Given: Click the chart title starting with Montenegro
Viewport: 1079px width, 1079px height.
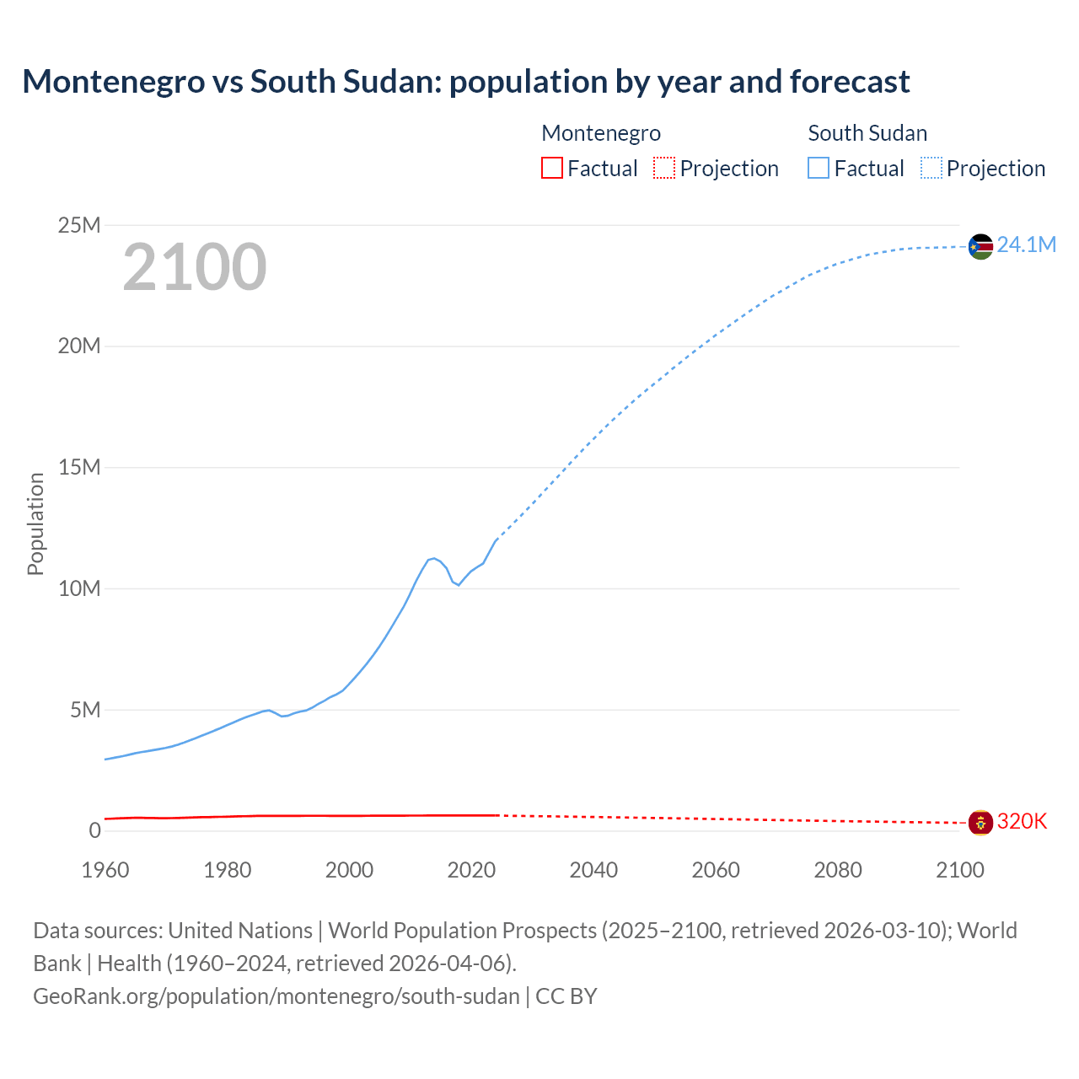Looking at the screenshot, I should point(465,82).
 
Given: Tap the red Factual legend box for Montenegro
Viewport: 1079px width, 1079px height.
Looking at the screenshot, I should point(552,168).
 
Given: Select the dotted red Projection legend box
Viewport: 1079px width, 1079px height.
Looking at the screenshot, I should point(664,168).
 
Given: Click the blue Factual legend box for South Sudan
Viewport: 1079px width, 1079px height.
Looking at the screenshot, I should point(819,168).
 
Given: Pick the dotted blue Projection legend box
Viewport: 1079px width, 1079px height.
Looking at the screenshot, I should point(931,168).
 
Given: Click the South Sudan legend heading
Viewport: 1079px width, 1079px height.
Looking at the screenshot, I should point(867,133).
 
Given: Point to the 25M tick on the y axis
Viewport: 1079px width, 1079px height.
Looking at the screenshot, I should point(78,225).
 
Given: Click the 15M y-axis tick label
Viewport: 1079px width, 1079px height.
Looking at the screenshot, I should point(78,467).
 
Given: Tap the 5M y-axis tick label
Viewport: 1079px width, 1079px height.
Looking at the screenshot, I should point(85,710).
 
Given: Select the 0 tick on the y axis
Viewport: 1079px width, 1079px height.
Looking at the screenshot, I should point(94,830).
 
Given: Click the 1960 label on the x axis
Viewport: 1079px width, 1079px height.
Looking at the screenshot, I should point(105,870).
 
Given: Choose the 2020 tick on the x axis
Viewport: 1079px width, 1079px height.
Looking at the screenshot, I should point(471,870).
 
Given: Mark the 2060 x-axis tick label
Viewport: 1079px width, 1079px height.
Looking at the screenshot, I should point(716,870).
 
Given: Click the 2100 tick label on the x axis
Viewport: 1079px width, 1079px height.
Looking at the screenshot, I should point(959,870).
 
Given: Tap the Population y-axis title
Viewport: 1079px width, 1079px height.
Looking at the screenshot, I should point(35,523).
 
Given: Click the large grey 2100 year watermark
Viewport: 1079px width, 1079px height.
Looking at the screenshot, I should point(195,267).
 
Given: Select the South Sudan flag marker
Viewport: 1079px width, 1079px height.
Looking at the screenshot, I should point(980,246).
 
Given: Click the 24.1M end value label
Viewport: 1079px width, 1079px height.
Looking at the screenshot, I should point(1026,245).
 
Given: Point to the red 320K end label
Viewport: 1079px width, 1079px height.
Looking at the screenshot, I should point(1022,822).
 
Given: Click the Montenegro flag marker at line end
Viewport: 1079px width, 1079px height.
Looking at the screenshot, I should point(980,822).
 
